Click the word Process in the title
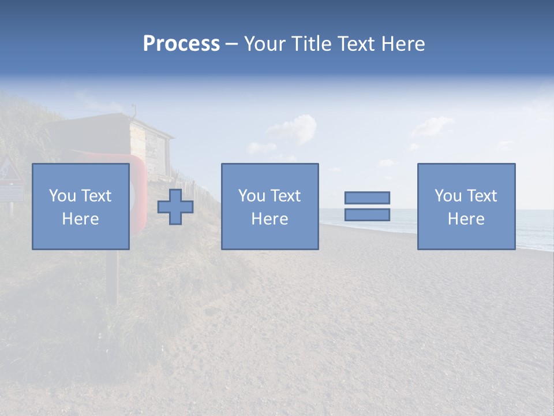[181, 44]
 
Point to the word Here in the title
[402, 44]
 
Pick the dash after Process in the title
[231, 45]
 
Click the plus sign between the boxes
[175, 207]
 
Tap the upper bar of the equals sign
[367, 198]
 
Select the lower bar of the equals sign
[367, 214]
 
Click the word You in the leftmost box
[62, 196]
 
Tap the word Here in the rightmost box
[466, 219]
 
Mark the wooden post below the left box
[113, 277]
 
